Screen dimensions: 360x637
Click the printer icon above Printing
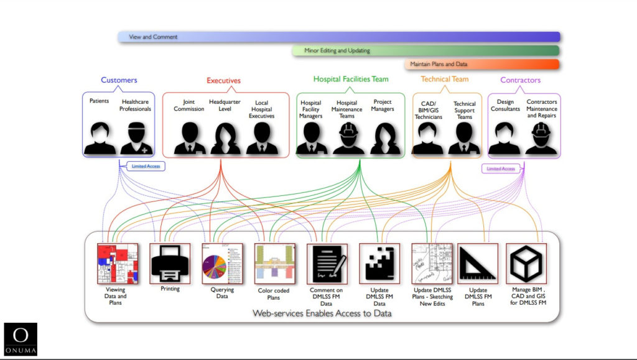(x=170, y=263)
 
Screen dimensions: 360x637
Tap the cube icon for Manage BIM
(x=526, y=264)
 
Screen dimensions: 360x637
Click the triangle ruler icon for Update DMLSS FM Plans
(x=478, y=264)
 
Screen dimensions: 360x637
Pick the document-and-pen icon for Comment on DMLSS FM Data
(x=327, y=264)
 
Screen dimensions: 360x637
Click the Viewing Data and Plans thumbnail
(x=117, y=264)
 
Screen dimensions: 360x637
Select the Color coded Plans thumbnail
(x=274, y=264)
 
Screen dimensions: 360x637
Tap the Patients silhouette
(x=100, y=138)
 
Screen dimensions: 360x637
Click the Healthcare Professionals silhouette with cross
(x=136, y=138)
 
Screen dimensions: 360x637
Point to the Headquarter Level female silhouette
(x=225, y=138)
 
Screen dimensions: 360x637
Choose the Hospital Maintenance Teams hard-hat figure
(x=348, y=138)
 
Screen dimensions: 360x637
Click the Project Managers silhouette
(x=385, y=138)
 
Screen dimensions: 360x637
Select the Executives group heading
(x=223, y=81)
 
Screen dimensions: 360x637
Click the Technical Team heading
(x=444, y=80)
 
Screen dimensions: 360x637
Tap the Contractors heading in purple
(x=520, y=80)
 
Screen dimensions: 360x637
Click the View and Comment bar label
(x=153, y=37)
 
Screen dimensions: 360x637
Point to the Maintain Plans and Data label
(x=439, y=64)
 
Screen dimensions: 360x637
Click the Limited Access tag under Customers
(x=146, y=166)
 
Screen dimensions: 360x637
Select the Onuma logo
(x=21, y=339)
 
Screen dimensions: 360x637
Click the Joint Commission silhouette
(x=189, y=138)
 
